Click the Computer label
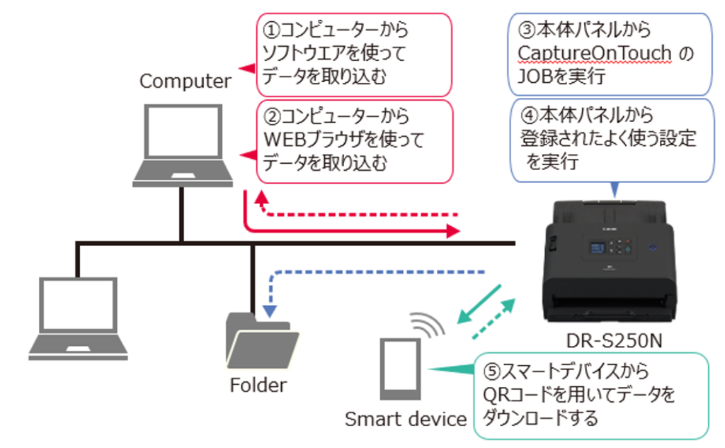pyautogui.click(x=185, y=81)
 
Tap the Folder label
pyautogui.click(x=258, y=386)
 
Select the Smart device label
pyautogui.click(x=406, y=419)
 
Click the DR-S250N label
pyautogui.click(x=614, y=342)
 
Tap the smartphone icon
pyautogui.click(x=401, y=369)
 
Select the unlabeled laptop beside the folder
pyautogui.click(x=77, y=315)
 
